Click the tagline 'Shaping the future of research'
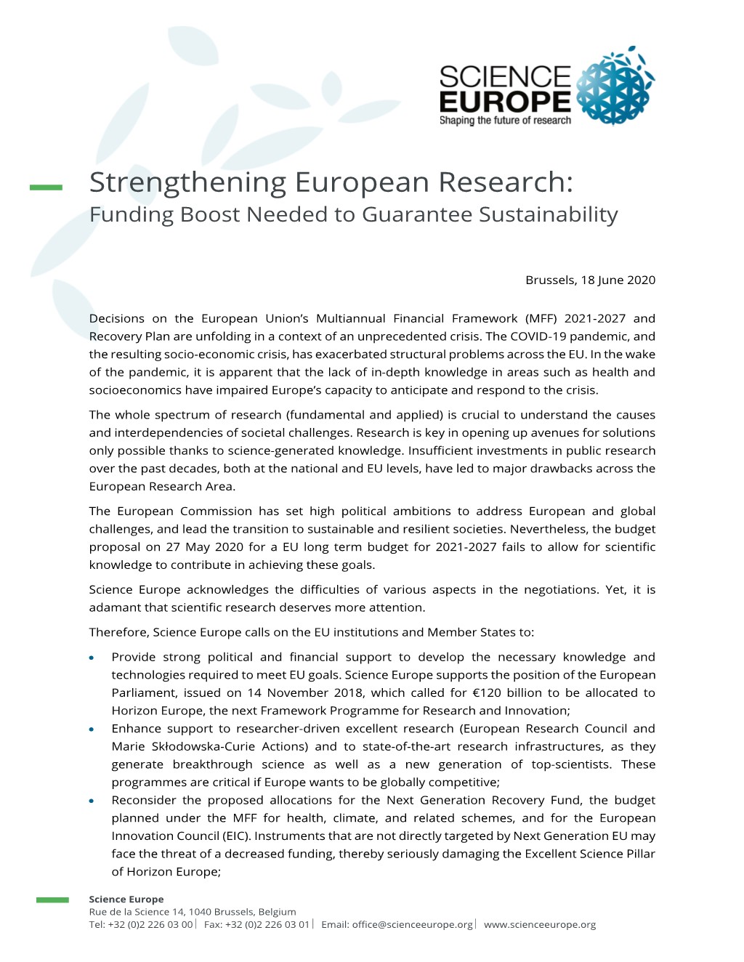(505, 121)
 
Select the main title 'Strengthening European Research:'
(331, 182)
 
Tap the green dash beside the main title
(46, 187)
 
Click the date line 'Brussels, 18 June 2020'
(590, 280)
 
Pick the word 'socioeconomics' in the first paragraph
(132, 390)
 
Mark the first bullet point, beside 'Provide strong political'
(92, 658)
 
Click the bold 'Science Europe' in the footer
(126, 900)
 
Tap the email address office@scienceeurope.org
(413, 925)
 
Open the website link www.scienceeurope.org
(540, 925)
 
